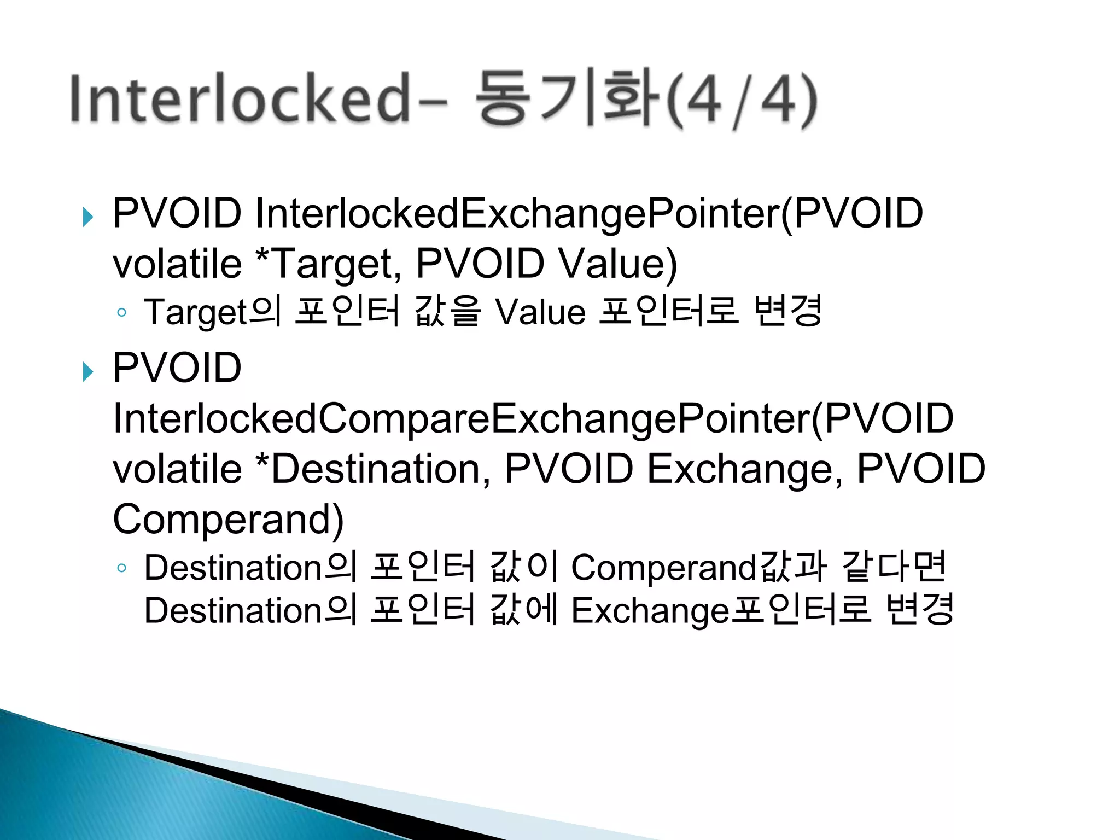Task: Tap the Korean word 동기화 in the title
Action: tap(567, 98)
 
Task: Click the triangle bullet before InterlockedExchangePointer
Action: tap(87, 217)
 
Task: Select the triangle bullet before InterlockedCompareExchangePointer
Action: tap(87, 372)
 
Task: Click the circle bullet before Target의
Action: tap(121, 313)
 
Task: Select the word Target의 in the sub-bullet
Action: tap(213, 312)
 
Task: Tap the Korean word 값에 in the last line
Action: tap(523, 610)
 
